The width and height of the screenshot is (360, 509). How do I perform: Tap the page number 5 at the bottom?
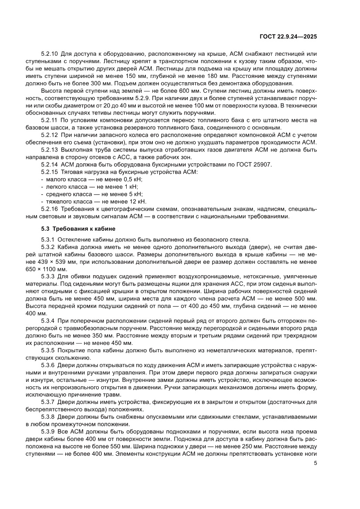(315, 463)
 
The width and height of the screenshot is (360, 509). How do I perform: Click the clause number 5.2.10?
(50, 54)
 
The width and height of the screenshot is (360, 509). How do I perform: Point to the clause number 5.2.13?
(50, 150)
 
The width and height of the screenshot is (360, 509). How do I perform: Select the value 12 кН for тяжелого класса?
(136, 202)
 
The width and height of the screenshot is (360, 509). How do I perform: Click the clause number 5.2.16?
(50, 209)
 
